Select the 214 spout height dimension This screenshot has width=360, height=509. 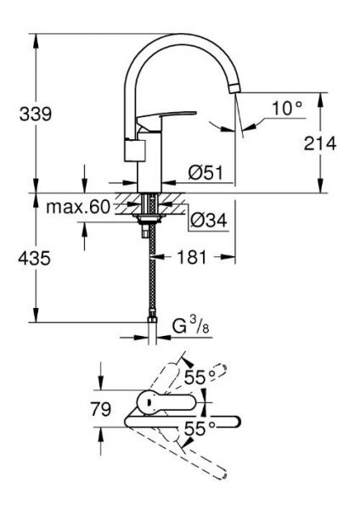320,143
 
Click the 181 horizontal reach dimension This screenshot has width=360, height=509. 193,257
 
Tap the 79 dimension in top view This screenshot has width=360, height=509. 100,410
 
